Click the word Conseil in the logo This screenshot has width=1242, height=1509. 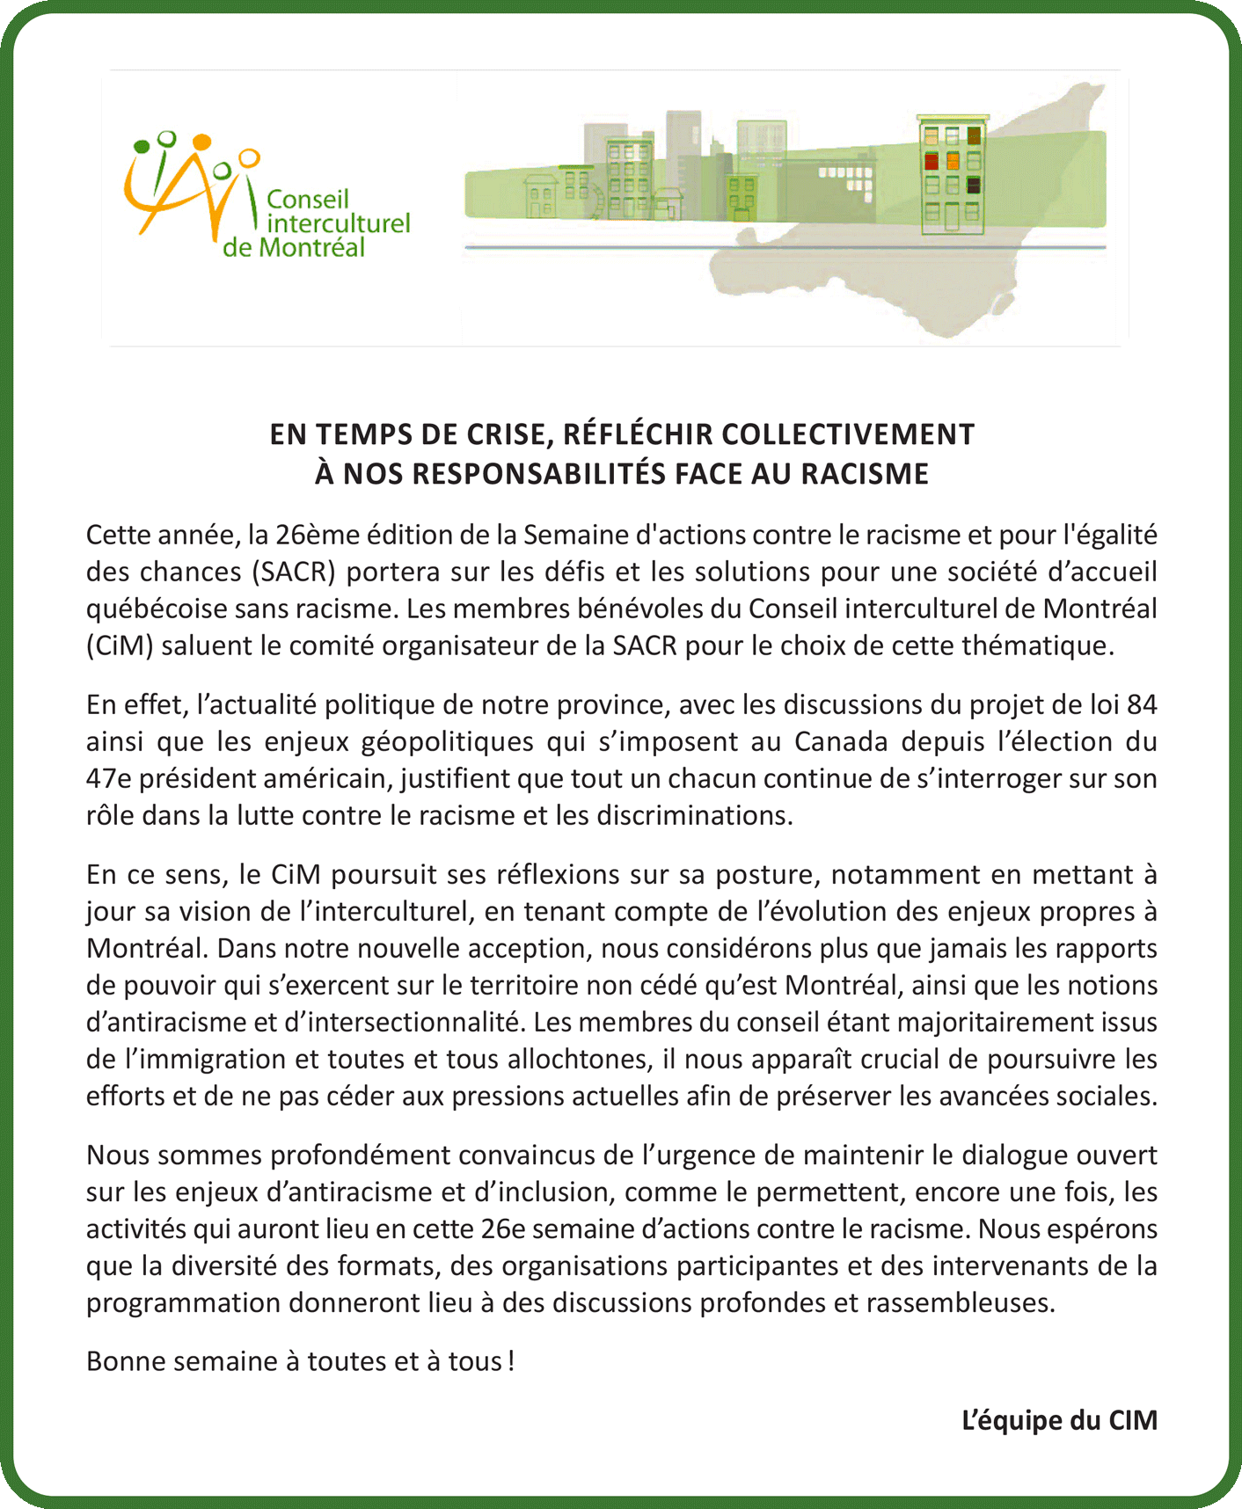point(308,200)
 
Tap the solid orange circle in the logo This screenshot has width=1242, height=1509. point(202,142)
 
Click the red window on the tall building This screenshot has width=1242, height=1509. point(931,161)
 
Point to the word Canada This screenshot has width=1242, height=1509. point(841,741)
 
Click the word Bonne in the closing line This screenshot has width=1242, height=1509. point(126,1361)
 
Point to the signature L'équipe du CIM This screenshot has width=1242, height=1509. point(1059,1420)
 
